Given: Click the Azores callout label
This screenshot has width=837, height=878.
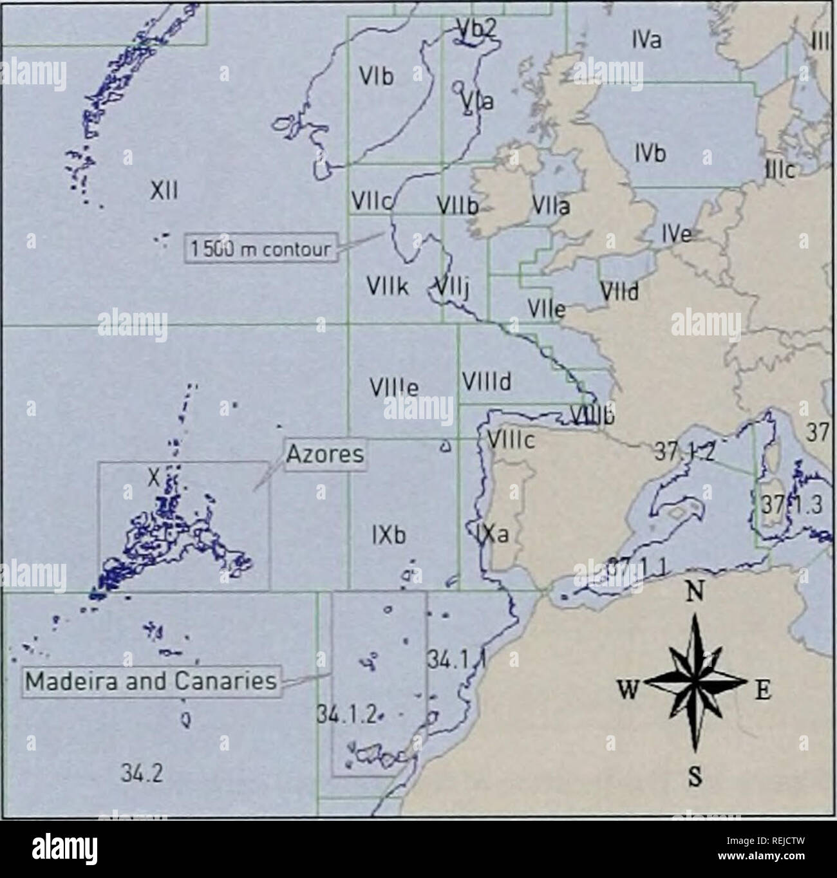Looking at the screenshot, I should (x=324, y=455).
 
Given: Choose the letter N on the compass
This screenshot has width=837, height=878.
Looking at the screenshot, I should (x=694, y=592).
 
